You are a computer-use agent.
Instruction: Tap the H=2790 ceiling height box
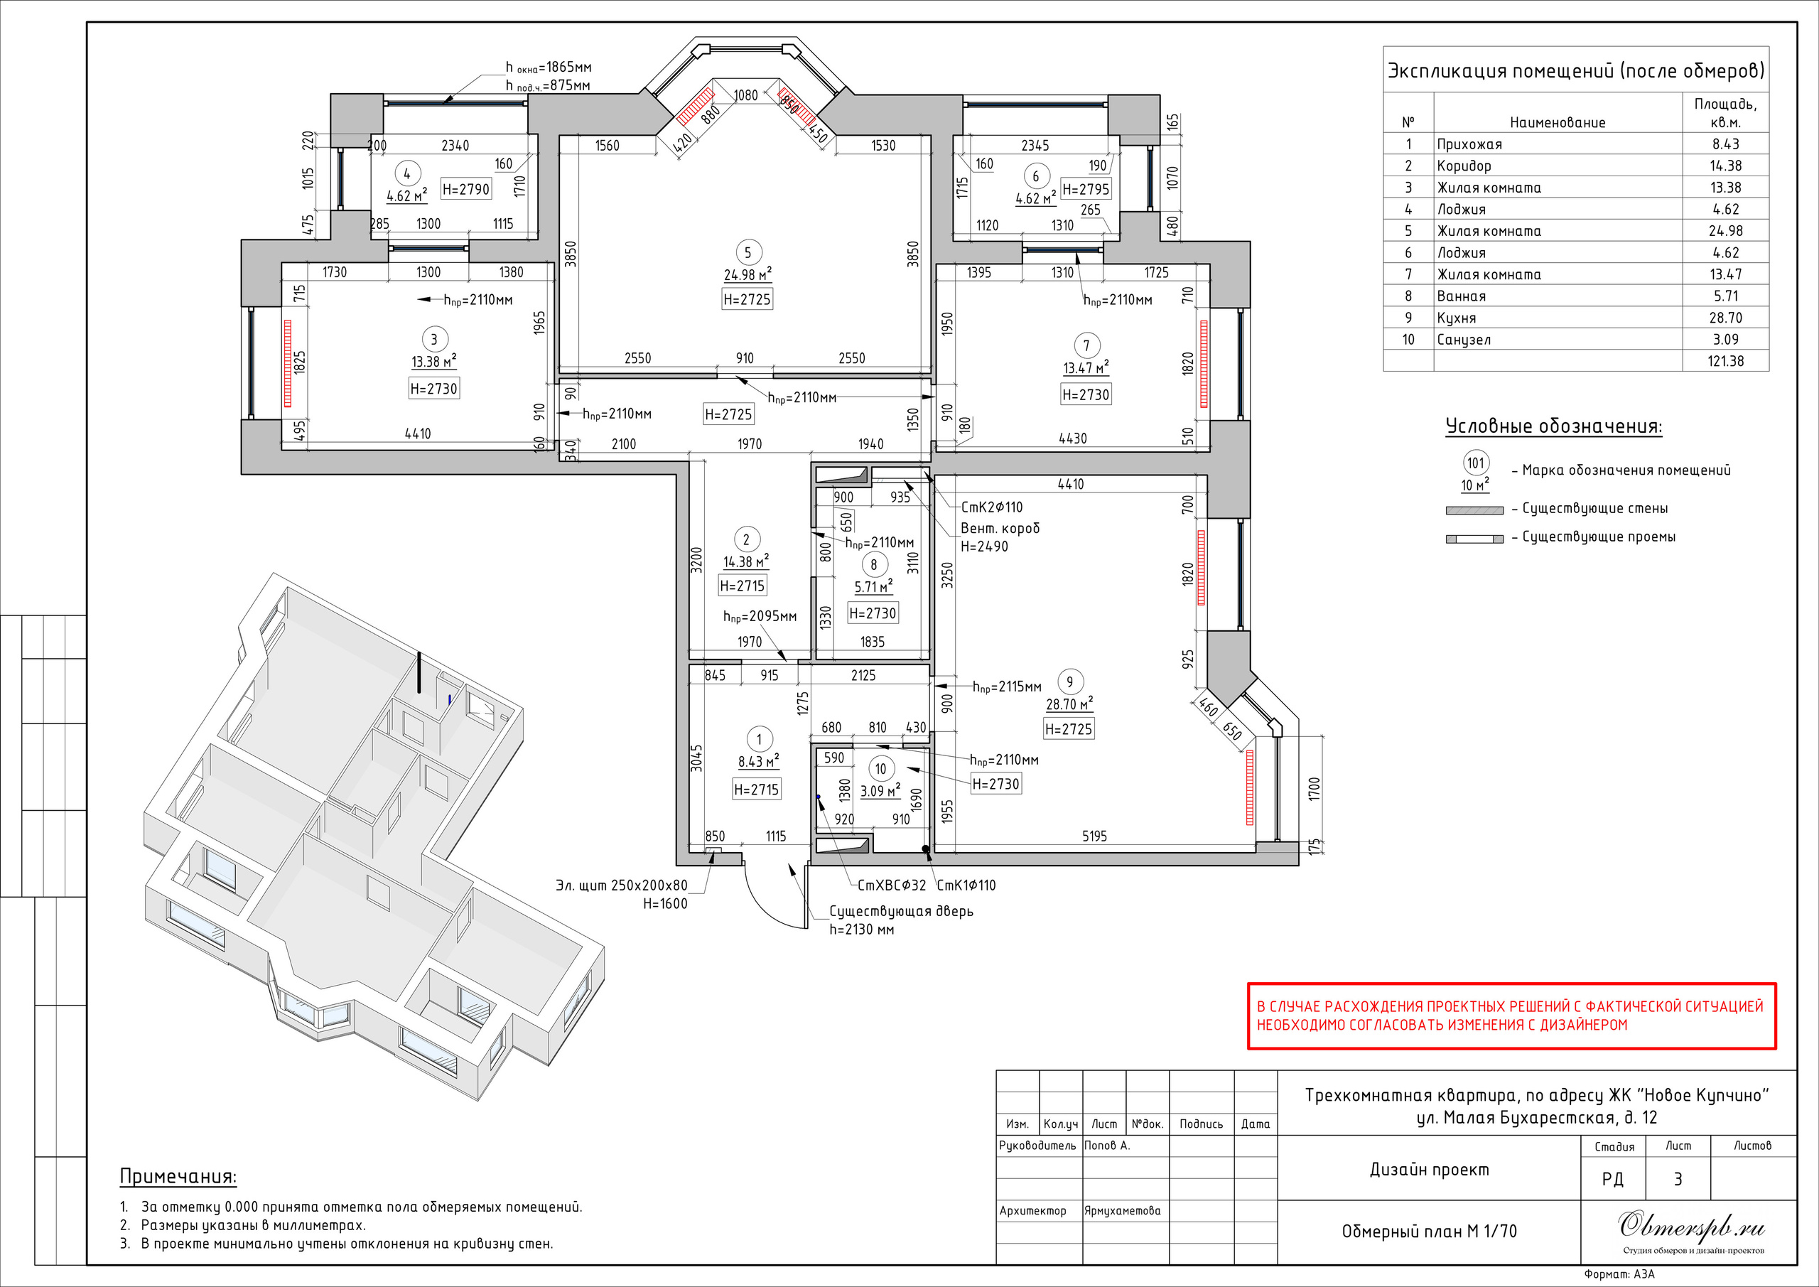click(466, 188)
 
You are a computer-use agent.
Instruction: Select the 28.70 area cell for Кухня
click(1725, 318)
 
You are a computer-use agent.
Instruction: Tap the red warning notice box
click(1511, 1016)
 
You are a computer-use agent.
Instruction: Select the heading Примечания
click(178, 1177)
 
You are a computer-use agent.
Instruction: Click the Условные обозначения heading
click(1553, 426)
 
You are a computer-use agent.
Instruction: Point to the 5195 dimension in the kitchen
click(1094, 836)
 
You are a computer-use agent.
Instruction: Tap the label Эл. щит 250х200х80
click(621, 885)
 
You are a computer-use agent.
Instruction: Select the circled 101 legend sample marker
click(1475, 463)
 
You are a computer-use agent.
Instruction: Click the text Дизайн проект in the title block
click(1429, 1170)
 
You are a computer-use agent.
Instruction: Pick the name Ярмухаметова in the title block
click(1123, 1211)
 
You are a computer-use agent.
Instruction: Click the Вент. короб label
click(1000, 528)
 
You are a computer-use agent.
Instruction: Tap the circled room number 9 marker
click(1069, 682)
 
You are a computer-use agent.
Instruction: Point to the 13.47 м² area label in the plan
click(1086, 367)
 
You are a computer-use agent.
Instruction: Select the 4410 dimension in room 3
click(418, 434)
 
